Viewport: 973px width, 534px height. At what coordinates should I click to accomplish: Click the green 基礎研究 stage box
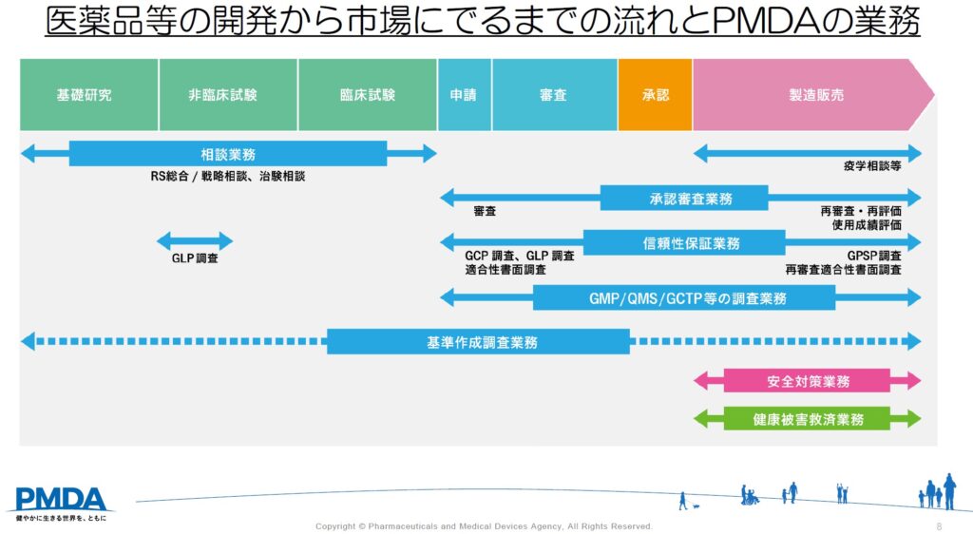pyautogui.click(x=88, y=95)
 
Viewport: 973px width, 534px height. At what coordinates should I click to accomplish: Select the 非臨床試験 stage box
pyautogui.click(x=228, y=95)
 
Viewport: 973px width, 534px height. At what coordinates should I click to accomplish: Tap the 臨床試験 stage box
pyautogui.click(x=368, y=95)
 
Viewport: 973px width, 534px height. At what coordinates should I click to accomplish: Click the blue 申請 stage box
pyautogui.click(x=465, y=95)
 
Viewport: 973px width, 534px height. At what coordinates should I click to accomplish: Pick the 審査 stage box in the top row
pyautogui.click(x=554, y=95)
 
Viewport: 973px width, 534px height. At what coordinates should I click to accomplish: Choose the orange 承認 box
pyautogui.click(x=655, y=95)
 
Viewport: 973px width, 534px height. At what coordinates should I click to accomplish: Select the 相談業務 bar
pyautogui.click(x=228, y=154)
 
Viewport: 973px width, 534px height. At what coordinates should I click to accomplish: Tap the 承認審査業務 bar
pyautogui.click(x=684, y=199)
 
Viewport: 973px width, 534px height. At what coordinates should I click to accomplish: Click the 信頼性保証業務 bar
pyautogui.click(x=684, y=243)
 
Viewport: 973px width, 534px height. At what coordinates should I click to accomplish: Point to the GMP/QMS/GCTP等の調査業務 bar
pyautogui.click(x=684, y=298)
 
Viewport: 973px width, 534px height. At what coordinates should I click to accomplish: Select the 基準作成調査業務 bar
pyautogui.click(x=478, y=342)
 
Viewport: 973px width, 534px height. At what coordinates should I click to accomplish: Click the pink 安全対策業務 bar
pyautogui.click(x=807, y=381)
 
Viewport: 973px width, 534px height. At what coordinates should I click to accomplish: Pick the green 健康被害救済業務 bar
pyautogui.click(x=807, y=419)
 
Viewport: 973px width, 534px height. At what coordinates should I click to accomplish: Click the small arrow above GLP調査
pyautogui.click(x=195, y=241)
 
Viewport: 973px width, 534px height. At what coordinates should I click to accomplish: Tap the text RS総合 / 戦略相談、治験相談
pyautogui.click(x=228, y=176)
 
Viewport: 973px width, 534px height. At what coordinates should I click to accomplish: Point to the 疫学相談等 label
pyautogui.click(x=871, y=165)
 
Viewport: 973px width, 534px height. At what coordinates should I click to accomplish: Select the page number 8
pyautogui.click(x=939, y=525)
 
